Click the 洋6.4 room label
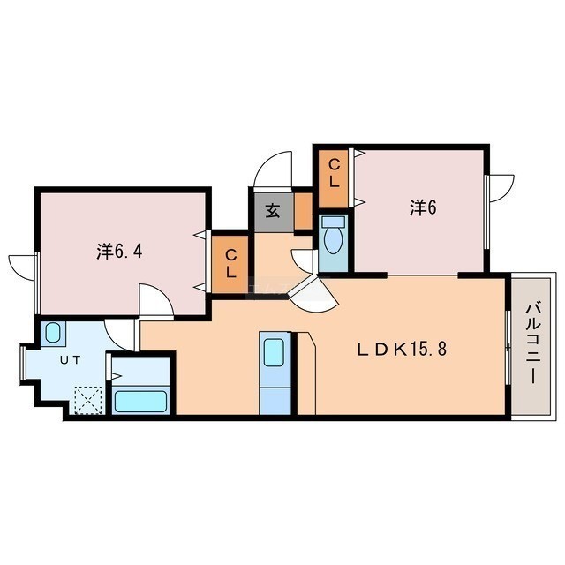[x=119, y=251]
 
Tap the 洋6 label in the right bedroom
[x=423, y=207]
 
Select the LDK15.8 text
[x=402, y=350]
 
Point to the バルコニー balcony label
[x=531, y=343]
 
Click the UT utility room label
[x=71, y=360]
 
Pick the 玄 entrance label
[x=273, y=212]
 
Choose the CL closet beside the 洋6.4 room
[x=230, y=264]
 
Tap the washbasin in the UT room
[x=53, y=333]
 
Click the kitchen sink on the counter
[x=274, y=352]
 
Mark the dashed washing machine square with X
[x=88, y=400]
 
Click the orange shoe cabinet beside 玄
[x=304, y=211]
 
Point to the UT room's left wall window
[x=23, y=363]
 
